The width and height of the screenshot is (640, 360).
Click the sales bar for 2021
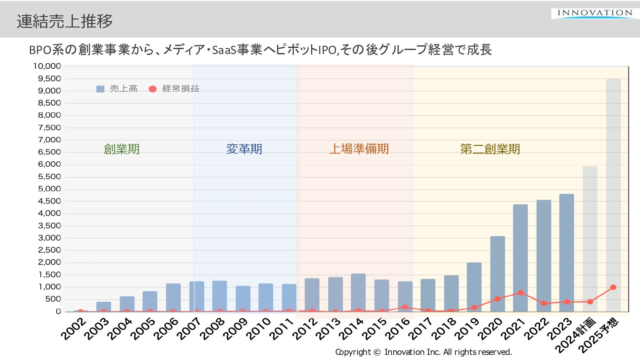[x=520, y=258]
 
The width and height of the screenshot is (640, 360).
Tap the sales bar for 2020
[x=497, y=274]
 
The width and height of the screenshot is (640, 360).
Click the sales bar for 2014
[x=358, y=293]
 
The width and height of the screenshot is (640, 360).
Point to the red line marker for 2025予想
[x=613, y=287]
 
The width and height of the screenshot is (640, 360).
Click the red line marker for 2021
[x=521, y=293]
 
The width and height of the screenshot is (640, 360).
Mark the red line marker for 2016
[x=405, y=307]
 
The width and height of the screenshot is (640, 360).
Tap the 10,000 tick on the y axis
[x=47, y=66]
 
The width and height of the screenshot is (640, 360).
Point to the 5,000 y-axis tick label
[x=49, y=189]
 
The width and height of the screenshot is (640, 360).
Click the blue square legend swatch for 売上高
[x=100, y=89]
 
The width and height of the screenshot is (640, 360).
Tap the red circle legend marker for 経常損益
[x=153, y=89]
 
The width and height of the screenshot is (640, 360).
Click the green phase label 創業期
[x=121, y=149]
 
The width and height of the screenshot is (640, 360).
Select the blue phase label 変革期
[x=244, y=149]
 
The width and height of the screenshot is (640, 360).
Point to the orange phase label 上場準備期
[x=359, y=149]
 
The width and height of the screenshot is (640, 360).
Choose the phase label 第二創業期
[x=490, y=149]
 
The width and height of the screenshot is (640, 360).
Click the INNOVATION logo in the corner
[x=595, y=13]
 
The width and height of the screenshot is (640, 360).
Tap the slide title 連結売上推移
[x=65, y=21]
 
